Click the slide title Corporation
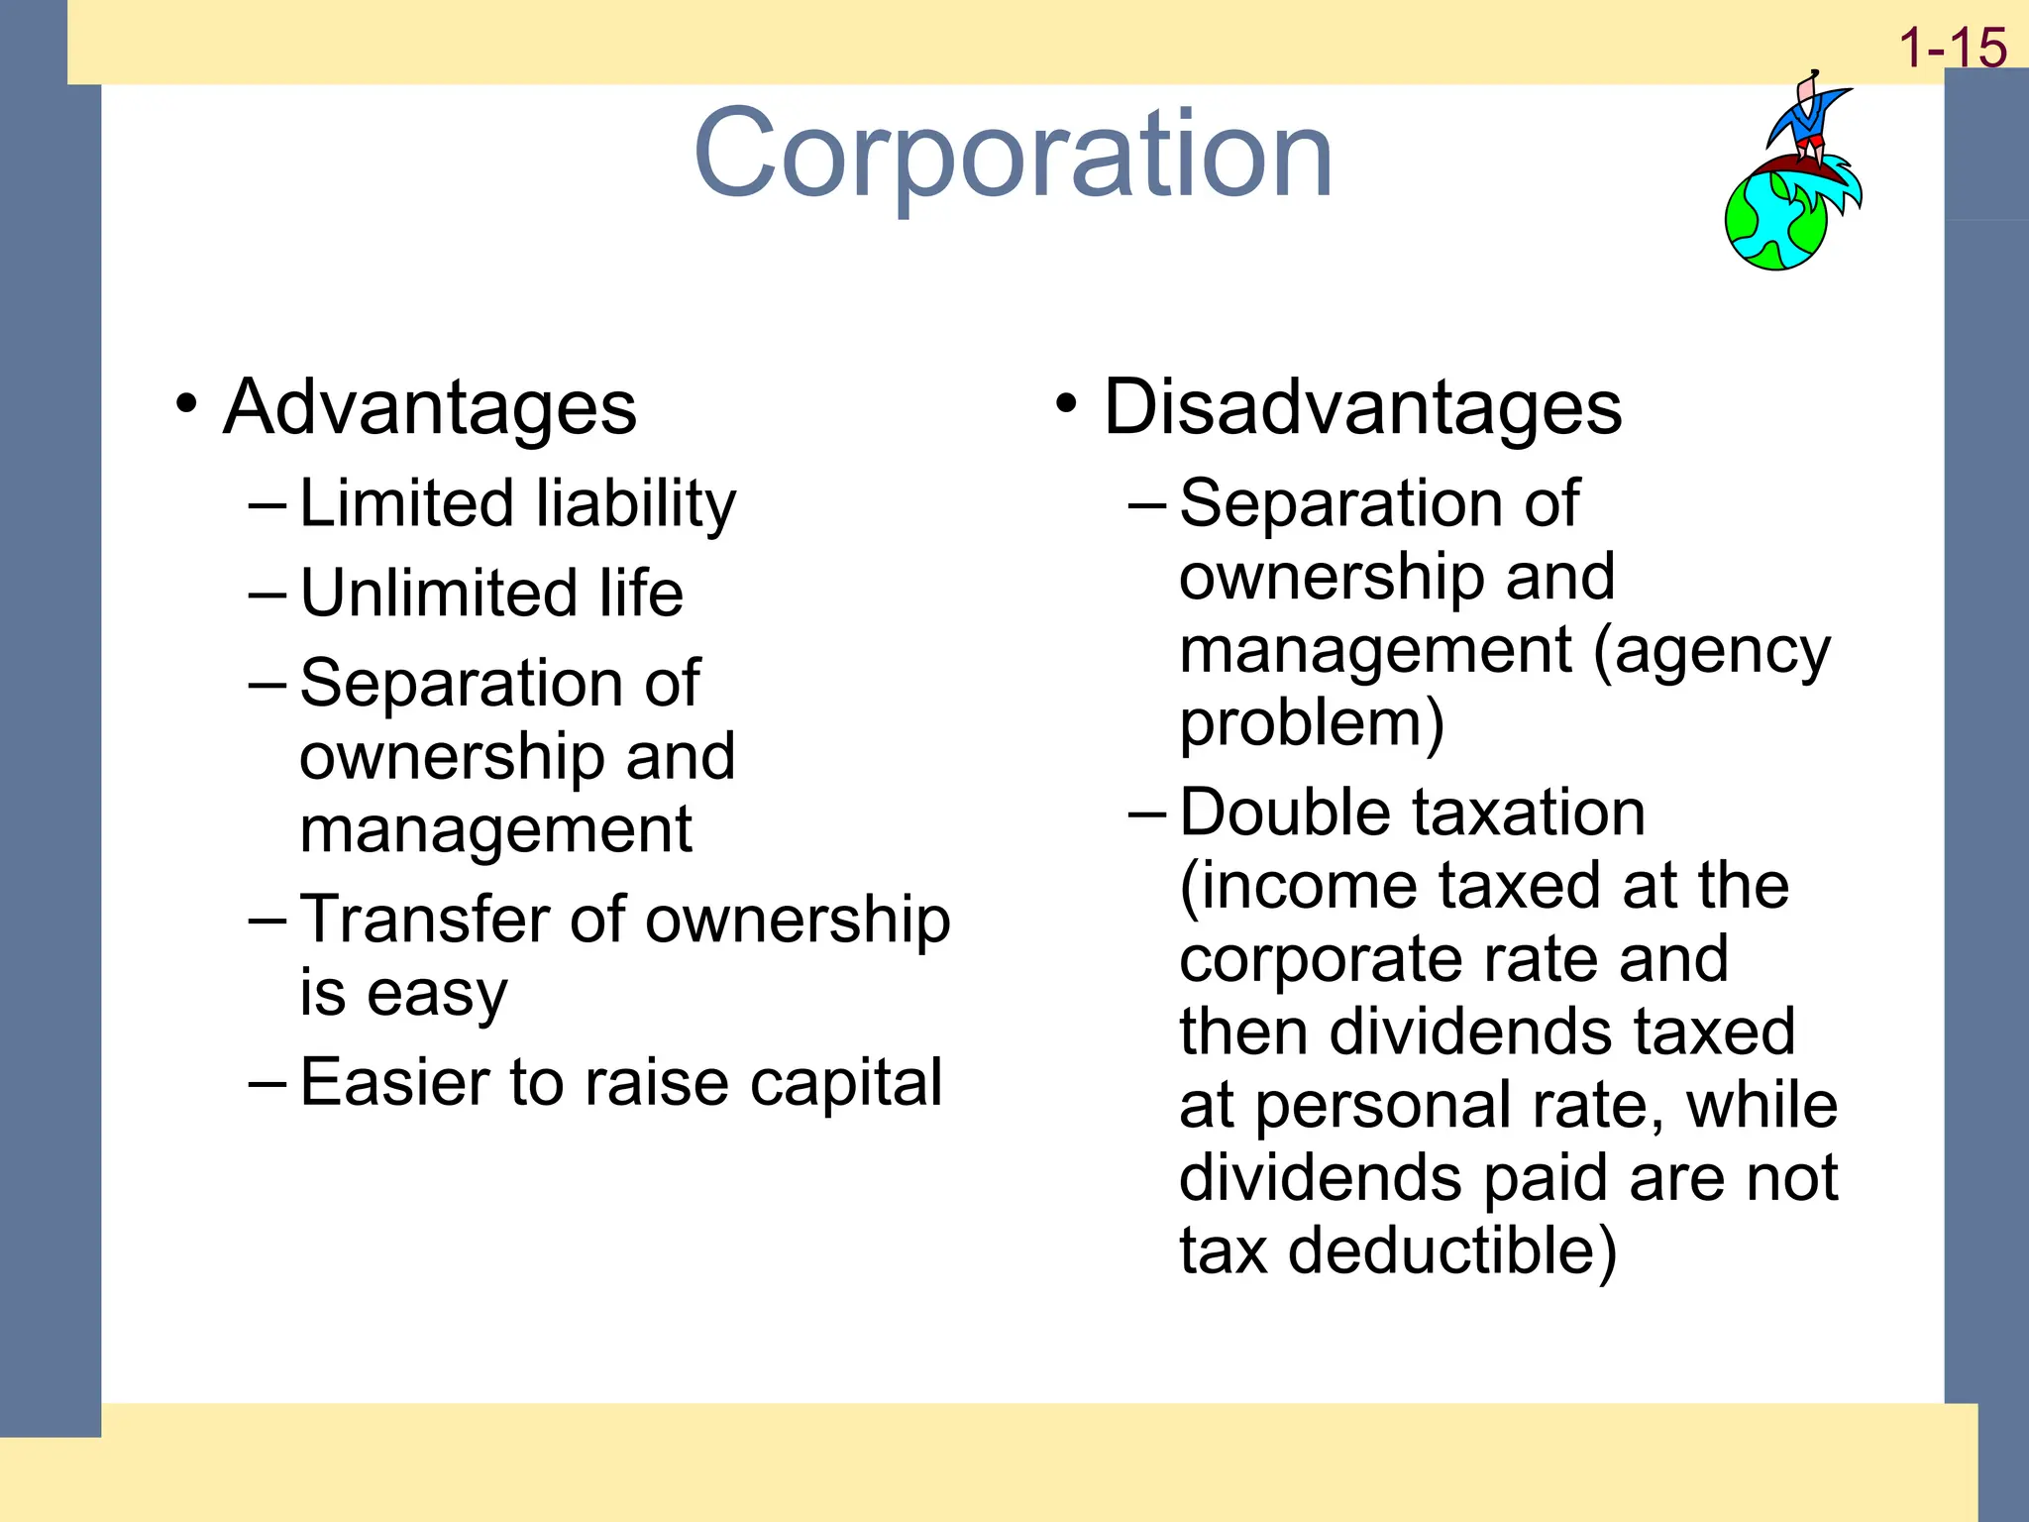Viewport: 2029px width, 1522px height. click(1013, 154)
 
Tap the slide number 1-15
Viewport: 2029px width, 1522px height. click(1952, 48)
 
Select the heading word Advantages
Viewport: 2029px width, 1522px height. click(430, 407)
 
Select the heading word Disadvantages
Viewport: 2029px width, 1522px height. click(1362, 407)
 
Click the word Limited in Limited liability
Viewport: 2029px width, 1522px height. click(407, 502)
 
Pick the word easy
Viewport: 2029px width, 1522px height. click(437, 994)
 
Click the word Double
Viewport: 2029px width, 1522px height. click(1285, 812)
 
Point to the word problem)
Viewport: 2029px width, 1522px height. click(1312, 723)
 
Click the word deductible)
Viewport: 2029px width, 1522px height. click(1452, 1250)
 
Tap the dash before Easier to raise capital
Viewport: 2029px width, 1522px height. click(267, 1082)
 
